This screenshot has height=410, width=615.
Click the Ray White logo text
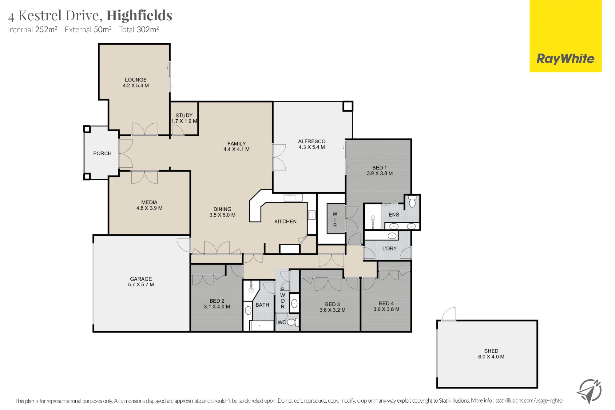click(x=566, y=58)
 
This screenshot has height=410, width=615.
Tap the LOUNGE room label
click(x=136, y=80)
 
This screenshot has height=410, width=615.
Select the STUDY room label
click(x=184, y=115)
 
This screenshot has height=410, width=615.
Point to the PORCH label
click(x=102, y=153)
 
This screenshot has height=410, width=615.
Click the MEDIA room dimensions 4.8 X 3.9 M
click(x=149, y=208)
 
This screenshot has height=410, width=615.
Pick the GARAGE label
click(x=141, y=279)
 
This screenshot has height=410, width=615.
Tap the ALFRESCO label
click(x=312, y=141)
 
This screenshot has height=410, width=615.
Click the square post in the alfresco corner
click(x=348, y=106)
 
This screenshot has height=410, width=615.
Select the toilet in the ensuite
click(x=412, y=201)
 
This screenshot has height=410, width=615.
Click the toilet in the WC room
click(x=292, y=322)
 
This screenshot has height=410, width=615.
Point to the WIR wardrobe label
click(x=335, y=220)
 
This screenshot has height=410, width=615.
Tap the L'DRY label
click(x=390, y=249)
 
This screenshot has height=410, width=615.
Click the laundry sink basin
click(x=392, y=236)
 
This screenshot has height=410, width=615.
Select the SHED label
click(x=491, y=351)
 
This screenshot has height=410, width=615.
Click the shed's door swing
click(x=449, y=314)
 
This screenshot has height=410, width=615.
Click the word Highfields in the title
click(x=139, y=15)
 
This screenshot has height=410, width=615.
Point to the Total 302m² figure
click(x=139, y=30)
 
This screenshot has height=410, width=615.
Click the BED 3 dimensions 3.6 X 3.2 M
click(x=332, y=310)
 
